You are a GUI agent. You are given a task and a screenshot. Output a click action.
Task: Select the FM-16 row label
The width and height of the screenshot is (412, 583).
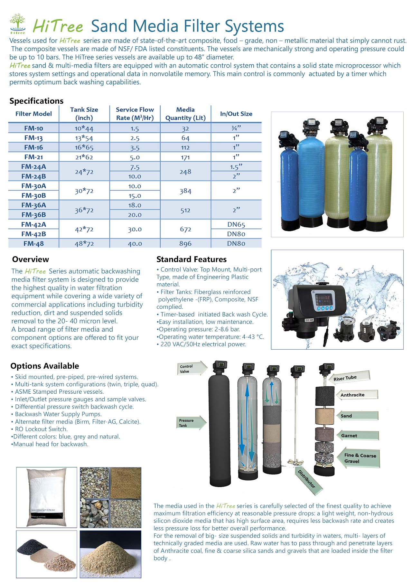coord(33,147)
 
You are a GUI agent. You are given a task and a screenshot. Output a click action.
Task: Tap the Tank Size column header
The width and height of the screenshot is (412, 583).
coord(84,114)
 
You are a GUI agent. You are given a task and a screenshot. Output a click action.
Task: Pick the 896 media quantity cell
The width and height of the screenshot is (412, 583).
coord(185,244)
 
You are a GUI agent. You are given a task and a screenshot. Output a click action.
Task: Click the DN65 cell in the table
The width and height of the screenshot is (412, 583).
coord(236,224)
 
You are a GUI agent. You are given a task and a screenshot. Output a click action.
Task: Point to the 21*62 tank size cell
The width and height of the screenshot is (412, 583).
coord(84,157)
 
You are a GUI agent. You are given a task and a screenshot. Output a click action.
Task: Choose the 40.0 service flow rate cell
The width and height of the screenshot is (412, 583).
coord(135,244)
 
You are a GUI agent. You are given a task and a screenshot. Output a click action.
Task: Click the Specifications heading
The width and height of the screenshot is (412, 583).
coord(36,101)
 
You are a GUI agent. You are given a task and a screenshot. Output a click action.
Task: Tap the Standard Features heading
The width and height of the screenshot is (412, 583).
coord(192,259)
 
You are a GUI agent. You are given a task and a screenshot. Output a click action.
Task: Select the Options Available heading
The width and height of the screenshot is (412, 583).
coord(45,366)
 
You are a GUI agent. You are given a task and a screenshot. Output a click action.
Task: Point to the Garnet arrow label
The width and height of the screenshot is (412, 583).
coord(354,436)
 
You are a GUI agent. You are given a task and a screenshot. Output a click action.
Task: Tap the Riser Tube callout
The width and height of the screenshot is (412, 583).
coord(348,378)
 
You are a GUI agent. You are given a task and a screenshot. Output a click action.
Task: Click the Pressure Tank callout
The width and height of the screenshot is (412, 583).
coord(190,423)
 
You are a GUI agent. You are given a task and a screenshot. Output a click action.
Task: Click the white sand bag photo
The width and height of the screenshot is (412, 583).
coord(47,497)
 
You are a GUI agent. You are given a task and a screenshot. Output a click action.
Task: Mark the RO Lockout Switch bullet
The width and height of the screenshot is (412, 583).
coord(41,429)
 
